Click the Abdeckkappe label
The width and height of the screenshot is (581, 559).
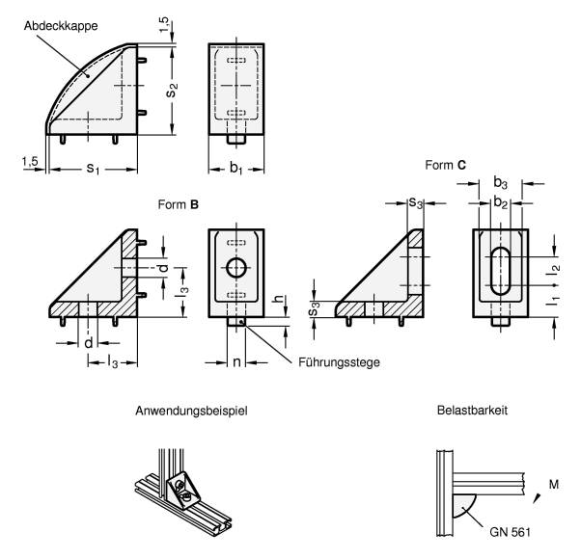pos(61,26)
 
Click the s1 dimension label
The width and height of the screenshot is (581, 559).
pos(93,169)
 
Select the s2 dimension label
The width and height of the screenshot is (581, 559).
pos(173,90)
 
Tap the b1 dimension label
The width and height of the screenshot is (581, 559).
pos(236,169)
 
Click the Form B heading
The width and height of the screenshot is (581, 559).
pos(179,204)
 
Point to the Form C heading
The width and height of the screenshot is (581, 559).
pos(445,165)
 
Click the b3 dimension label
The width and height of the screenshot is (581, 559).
pos(500,183)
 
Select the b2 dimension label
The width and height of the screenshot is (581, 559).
pos(500,203)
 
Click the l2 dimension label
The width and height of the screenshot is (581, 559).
pos(553,270)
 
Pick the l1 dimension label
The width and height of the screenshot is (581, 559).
pos(553,301)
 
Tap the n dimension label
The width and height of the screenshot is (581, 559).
pos(236,362)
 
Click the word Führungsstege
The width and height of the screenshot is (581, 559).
pos(339,362)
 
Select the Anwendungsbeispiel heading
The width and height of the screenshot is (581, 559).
pos(191,411)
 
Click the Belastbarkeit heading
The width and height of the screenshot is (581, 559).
pos(472,411)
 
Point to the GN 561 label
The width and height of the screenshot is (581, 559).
pos(510,532)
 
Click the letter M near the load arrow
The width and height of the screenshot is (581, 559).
pos(554,484)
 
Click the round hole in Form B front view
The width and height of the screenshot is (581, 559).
pos(236,268)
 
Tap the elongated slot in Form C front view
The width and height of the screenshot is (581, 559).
pos(500,271)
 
